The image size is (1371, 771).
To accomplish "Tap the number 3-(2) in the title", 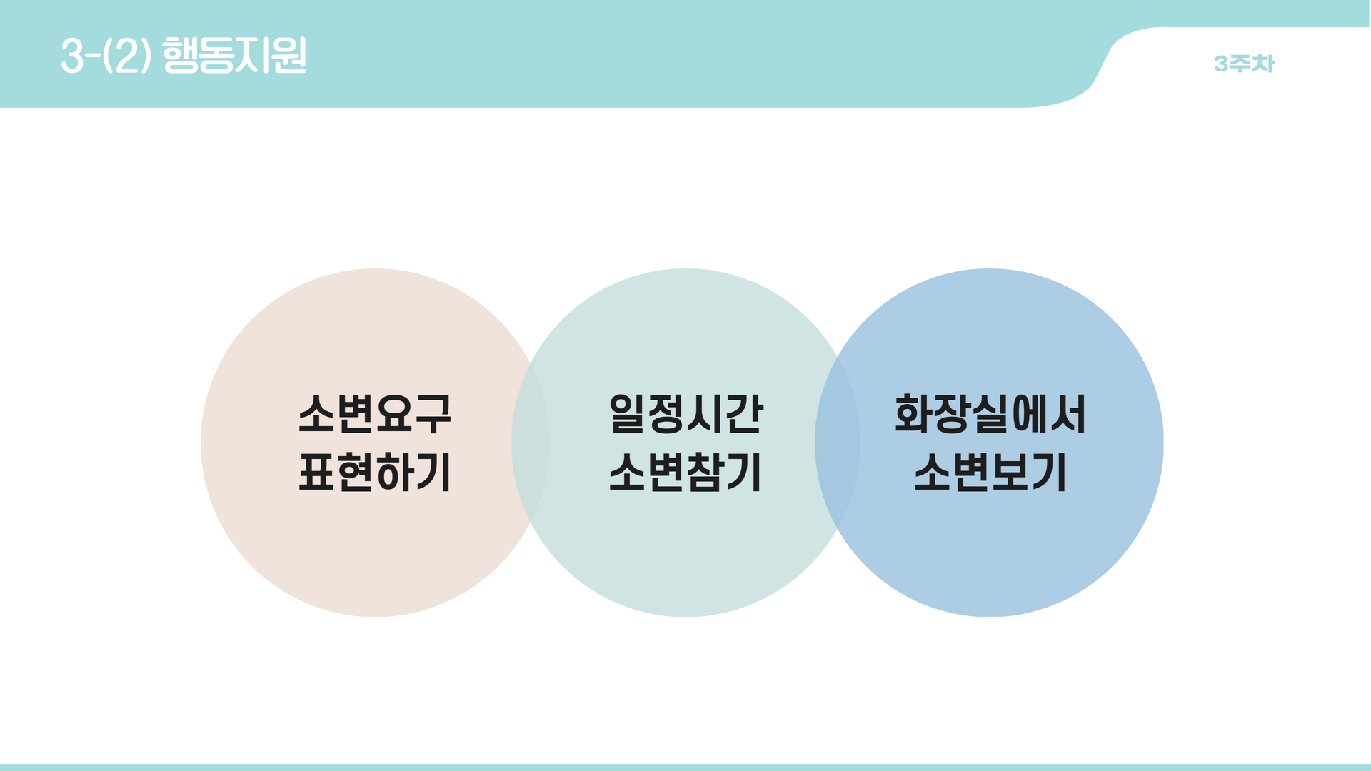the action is point(106,56).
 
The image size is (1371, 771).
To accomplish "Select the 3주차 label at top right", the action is point(1244,64).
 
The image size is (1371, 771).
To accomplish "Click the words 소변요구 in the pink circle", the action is point(375,414).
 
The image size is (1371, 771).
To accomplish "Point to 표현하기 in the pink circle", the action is point(375,473).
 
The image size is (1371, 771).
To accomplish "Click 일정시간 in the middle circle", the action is point(685,414).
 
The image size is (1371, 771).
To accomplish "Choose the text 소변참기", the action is point(685,473).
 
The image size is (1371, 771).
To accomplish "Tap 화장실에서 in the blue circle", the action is point(990,414).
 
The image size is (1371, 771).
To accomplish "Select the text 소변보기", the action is point(990,473).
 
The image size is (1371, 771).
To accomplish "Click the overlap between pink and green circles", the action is point(530,443).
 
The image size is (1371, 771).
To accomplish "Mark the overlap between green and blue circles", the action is point(837,443).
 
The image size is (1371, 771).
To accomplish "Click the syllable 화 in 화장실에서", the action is point(915,414).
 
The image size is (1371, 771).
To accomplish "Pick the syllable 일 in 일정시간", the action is point(628,414).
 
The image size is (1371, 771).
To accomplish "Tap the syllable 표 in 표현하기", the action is point(318,473).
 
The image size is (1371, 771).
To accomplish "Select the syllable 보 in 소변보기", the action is point(1010,473).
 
